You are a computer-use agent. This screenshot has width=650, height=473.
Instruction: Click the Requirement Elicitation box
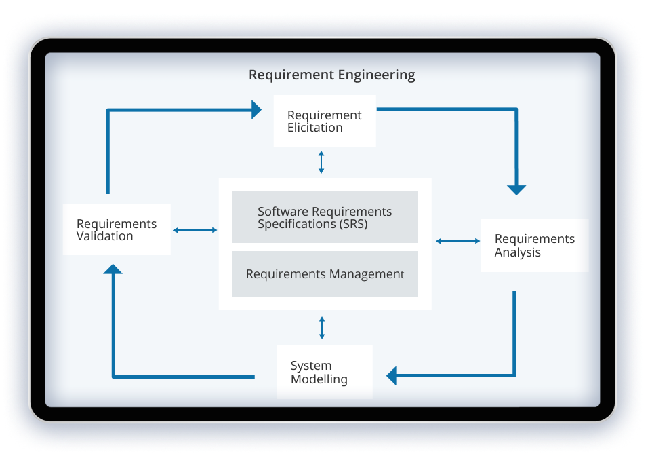[x=325, y=121]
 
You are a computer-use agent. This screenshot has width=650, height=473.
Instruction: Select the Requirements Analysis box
[x=534, y=245]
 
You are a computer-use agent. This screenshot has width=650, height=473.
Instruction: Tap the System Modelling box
[x=325, y=372]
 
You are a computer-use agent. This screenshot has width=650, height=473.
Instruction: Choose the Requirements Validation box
[x=117, y=229]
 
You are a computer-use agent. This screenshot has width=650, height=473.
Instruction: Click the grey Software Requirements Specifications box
[x=325, y=217]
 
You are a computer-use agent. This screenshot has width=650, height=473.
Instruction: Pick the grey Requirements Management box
[x=325, y=274]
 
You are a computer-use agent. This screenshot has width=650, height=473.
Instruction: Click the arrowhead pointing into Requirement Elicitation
[x=256, y=109]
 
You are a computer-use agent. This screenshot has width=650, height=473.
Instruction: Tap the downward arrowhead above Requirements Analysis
[x=516, y=189]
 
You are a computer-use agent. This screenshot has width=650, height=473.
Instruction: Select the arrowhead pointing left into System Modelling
[x=392, y=375]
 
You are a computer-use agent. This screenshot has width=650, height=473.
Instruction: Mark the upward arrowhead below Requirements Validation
[x=113, y=269]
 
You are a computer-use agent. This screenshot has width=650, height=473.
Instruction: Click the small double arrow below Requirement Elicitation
[x=321, y=162]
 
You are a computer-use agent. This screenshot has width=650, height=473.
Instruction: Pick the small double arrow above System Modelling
[x=322, y=327]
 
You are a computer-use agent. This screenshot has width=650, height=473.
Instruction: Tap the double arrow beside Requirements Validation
[x=195, y=230]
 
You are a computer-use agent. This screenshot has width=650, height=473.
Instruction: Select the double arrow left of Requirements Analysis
[x=458, y=240]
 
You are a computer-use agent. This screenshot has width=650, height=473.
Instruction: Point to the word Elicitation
[x=315, y=128]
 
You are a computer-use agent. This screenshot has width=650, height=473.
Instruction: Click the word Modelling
[x=319, y=379]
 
